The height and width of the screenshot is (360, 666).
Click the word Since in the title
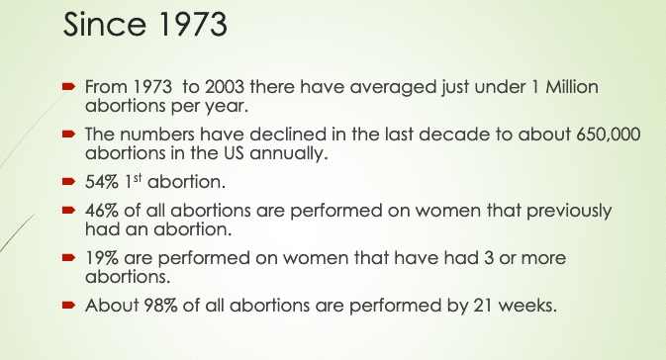[x=104, y=24]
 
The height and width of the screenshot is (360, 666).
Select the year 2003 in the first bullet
[x=225, y=87]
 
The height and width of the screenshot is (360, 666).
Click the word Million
[x=572, y=87]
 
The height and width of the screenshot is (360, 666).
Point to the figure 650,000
[x=609, y=135]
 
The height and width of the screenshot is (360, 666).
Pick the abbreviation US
[x=234, y=153]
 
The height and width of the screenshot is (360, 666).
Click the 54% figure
[x=102, y=182]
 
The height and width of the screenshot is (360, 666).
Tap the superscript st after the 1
[x=138, y=178]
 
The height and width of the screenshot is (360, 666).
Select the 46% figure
[x=102, y=211]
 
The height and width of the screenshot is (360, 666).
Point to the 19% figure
[x=102, y=258]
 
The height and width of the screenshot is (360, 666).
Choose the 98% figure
[x=160, y=306]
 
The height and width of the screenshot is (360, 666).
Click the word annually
[x=289, y=153]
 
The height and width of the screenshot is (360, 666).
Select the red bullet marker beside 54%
[x=68, y=182]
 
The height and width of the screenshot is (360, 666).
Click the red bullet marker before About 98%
[x=68, y=305]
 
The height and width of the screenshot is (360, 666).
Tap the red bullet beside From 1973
[x=68, y=87]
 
